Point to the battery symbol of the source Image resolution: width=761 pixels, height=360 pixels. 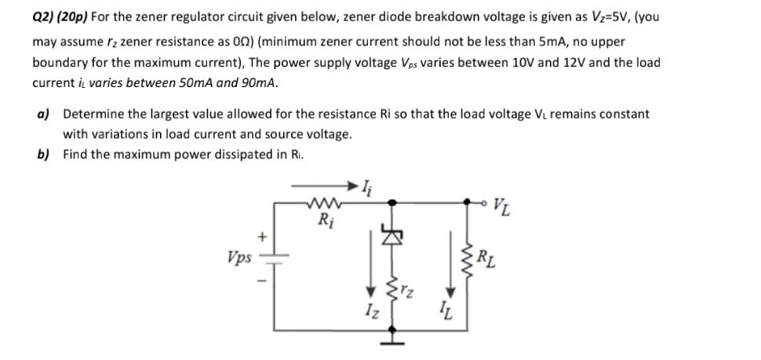click(x=275, y=256)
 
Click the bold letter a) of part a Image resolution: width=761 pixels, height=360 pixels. click(x=43, y=114)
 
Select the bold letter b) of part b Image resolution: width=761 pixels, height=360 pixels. click(x=43, y=154)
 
